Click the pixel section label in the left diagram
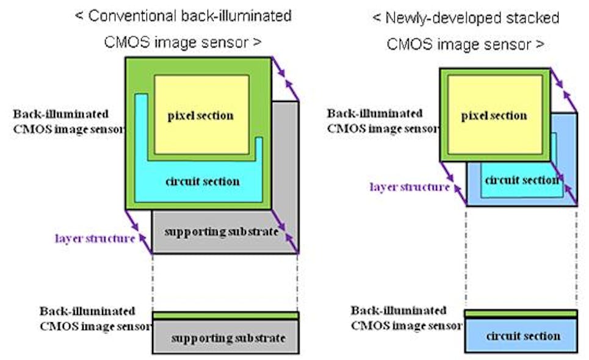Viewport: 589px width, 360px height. click(201, 115)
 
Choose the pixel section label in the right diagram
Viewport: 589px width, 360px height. click(494, 115)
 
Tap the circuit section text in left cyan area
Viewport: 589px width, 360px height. click(203, 181)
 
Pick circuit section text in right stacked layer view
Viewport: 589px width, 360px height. click(522, 180)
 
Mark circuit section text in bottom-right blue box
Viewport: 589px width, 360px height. click(523, 336)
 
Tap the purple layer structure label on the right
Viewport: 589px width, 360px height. click(410, 187)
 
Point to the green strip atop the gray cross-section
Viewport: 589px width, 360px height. click(225, 315)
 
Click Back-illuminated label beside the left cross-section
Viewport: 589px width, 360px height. click(87, 311)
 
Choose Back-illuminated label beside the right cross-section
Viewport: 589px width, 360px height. click(398, 311)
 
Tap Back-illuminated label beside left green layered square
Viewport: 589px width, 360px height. click(61, 114)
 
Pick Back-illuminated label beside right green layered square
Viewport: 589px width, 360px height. click(374, 113)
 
